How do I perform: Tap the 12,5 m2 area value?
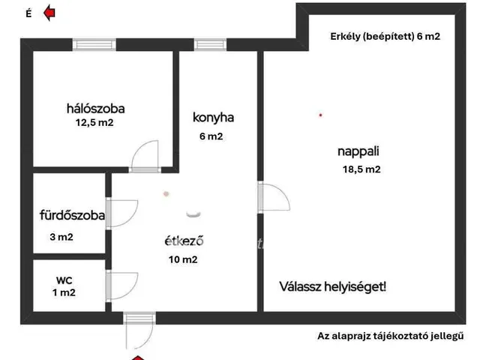click(x=94, y=122)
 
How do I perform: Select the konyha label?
click(x=213, y=117)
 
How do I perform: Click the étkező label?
click(x=184, y=241)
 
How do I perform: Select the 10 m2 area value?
click(x=183, y=260)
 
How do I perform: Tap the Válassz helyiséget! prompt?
click(x=333, y=286)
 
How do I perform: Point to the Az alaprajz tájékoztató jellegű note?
click(x=391, y=336)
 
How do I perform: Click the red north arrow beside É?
click(x=50, y=12)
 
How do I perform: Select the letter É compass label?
click(x=28, y=13)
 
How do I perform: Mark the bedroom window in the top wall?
click(x=94, y=44)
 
